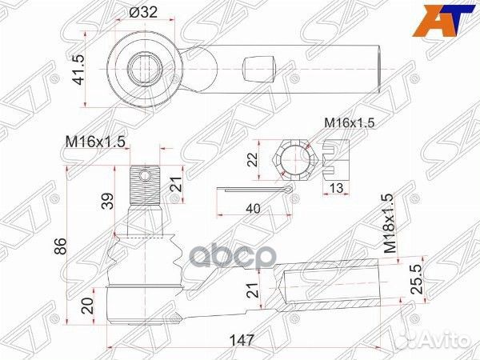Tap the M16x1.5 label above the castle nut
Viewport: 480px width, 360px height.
point(350,122)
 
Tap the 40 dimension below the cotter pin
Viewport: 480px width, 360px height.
point(253,210)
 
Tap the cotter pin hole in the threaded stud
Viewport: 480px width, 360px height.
point(145,174)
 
